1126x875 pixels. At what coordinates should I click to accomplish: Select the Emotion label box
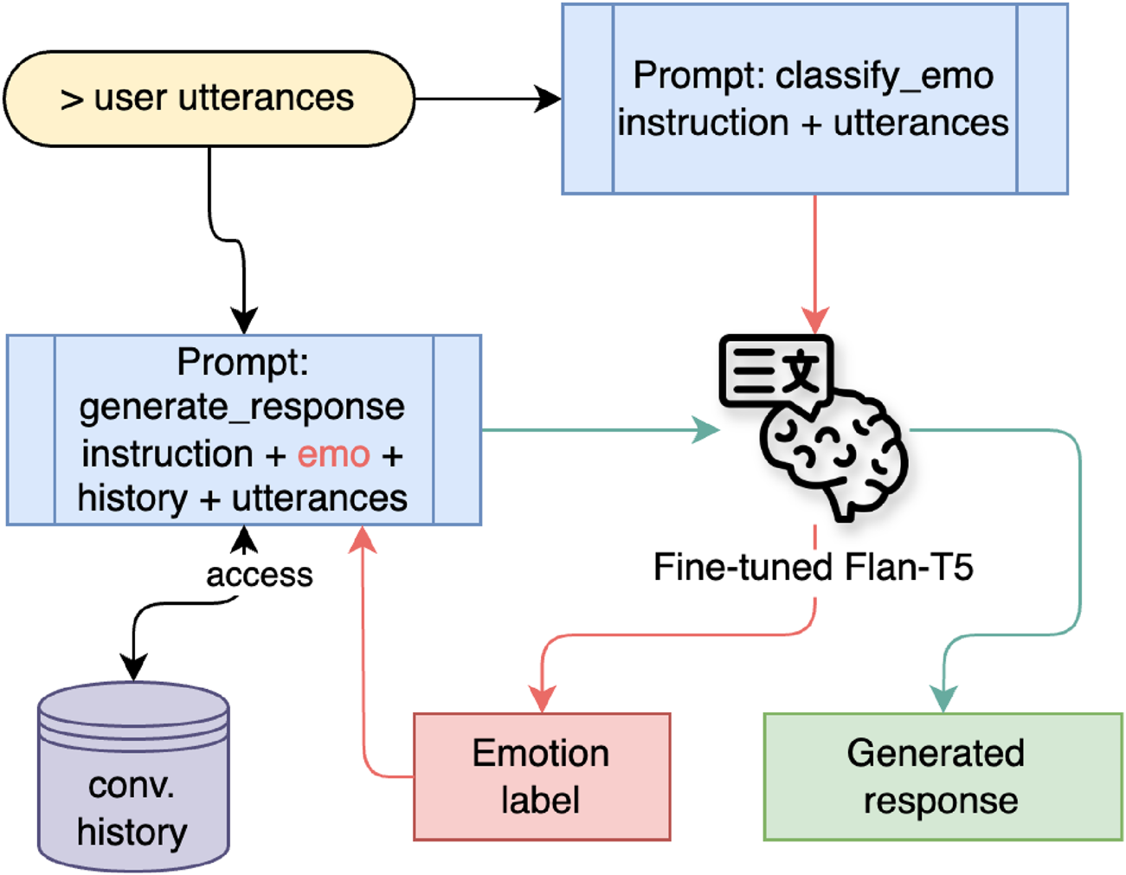542,776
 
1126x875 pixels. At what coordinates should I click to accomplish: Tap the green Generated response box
943,776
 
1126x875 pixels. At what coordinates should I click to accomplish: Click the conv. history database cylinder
133,779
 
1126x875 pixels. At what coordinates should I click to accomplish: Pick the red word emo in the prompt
333,454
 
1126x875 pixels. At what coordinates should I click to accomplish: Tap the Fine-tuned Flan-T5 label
813,568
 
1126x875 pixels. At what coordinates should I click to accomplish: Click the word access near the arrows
259,575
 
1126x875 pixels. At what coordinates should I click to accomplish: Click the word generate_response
241,407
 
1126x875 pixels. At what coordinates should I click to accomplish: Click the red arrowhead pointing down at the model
814,320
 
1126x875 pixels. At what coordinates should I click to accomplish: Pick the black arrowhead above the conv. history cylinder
133,667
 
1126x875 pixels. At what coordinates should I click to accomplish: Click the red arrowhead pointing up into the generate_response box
363,539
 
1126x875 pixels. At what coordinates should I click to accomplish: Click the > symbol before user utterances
72,100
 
